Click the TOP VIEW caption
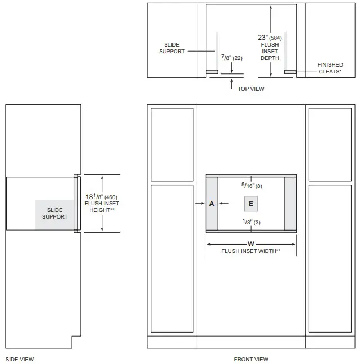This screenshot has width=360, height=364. tap(250, 89)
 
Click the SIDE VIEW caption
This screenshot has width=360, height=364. tap(19, 359)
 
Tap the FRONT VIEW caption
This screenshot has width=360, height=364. tap(251, 359)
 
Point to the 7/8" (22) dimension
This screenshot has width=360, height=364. tap(231, 57)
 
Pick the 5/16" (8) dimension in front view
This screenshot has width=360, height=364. tap(252, 185)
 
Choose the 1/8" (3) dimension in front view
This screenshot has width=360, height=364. tap(251, 222)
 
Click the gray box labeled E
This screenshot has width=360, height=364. tap(251, 204)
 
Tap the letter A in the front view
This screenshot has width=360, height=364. tap(212, 204)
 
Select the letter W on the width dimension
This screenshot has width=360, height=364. tap(250, 243)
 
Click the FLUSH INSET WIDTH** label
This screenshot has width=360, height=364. tap(250, 251)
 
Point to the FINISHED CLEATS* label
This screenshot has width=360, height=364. tap(330, 68)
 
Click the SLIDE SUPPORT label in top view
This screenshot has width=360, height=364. tap(172, 48)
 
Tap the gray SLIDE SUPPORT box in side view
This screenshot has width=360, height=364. tap(54, 214)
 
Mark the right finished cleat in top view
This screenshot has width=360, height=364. tap(290, 72)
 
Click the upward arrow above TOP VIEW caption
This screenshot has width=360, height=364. tap(231, 84)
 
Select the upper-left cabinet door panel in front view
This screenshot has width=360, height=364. tap(172, 144)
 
